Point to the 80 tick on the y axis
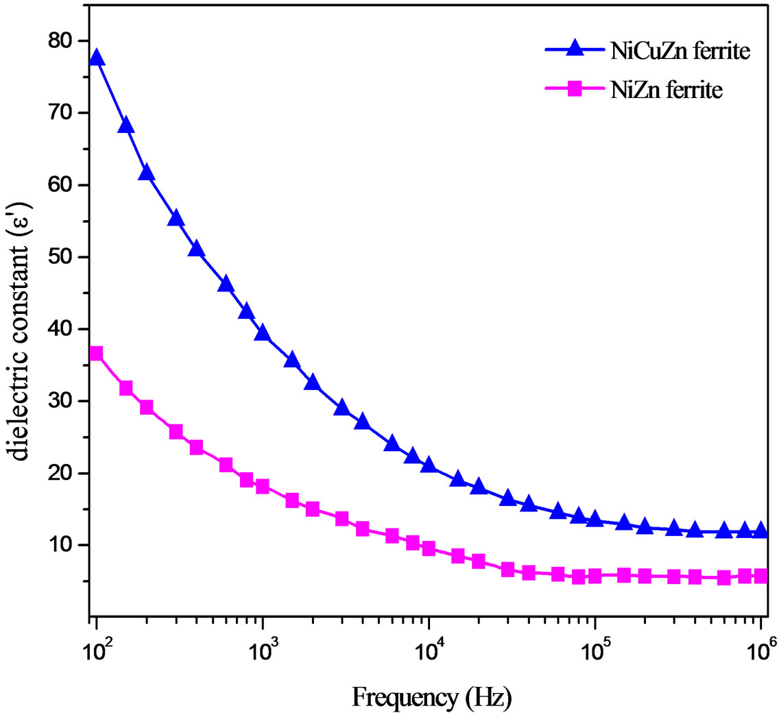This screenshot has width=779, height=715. [x=58, y=41]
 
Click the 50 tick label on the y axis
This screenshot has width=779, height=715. [x=58, y=257]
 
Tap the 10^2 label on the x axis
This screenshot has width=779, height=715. [x=95, y=649]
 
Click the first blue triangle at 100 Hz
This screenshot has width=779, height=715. [x=97, y=58]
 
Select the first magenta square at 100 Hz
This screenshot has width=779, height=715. [x=96, y=354]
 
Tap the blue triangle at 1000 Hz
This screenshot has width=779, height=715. [x=263, y=333]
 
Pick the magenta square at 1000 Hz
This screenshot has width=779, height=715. [x=263, y=487]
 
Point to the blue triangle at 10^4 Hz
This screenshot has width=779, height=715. [x=429, y=465]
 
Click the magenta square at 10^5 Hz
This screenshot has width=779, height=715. [x=595, y=577]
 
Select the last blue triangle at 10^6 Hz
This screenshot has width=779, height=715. [x=760, y=530]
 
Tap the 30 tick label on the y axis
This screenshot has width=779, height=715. [x=58, y=401]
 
